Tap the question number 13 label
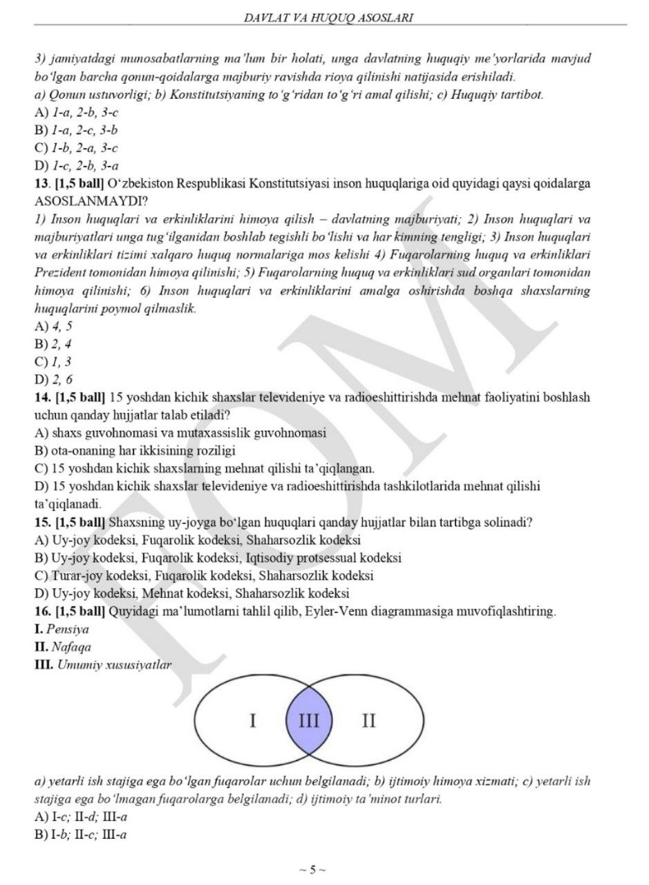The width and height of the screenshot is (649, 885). point(40,184)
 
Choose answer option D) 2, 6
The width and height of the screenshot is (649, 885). point(54,379)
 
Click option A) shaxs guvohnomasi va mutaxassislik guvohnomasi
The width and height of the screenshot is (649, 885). point(180,433)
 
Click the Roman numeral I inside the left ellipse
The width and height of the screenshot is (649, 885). point(253,721)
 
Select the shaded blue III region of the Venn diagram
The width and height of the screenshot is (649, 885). point(308,722)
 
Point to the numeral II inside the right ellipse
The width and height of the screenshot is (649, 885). point(369,721)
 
